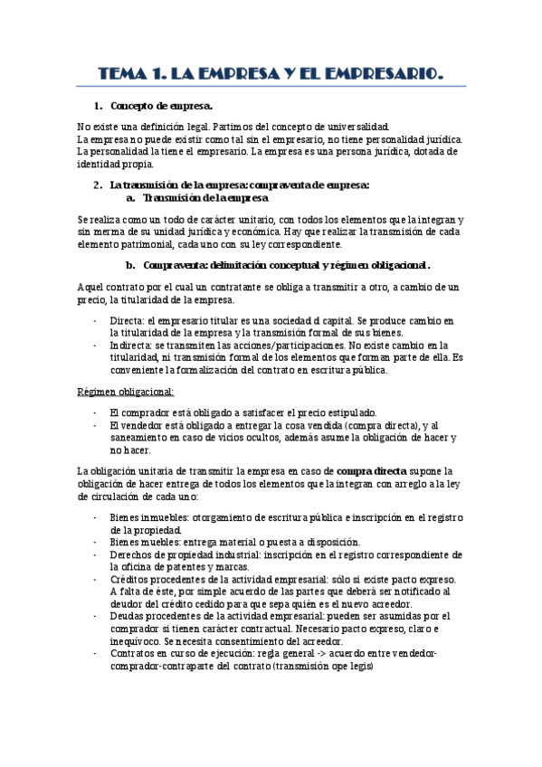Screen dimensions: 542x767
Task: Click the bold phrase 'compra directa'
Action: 372,472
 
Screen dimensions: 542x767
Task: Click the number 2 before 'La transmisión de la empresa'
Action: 97,185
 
